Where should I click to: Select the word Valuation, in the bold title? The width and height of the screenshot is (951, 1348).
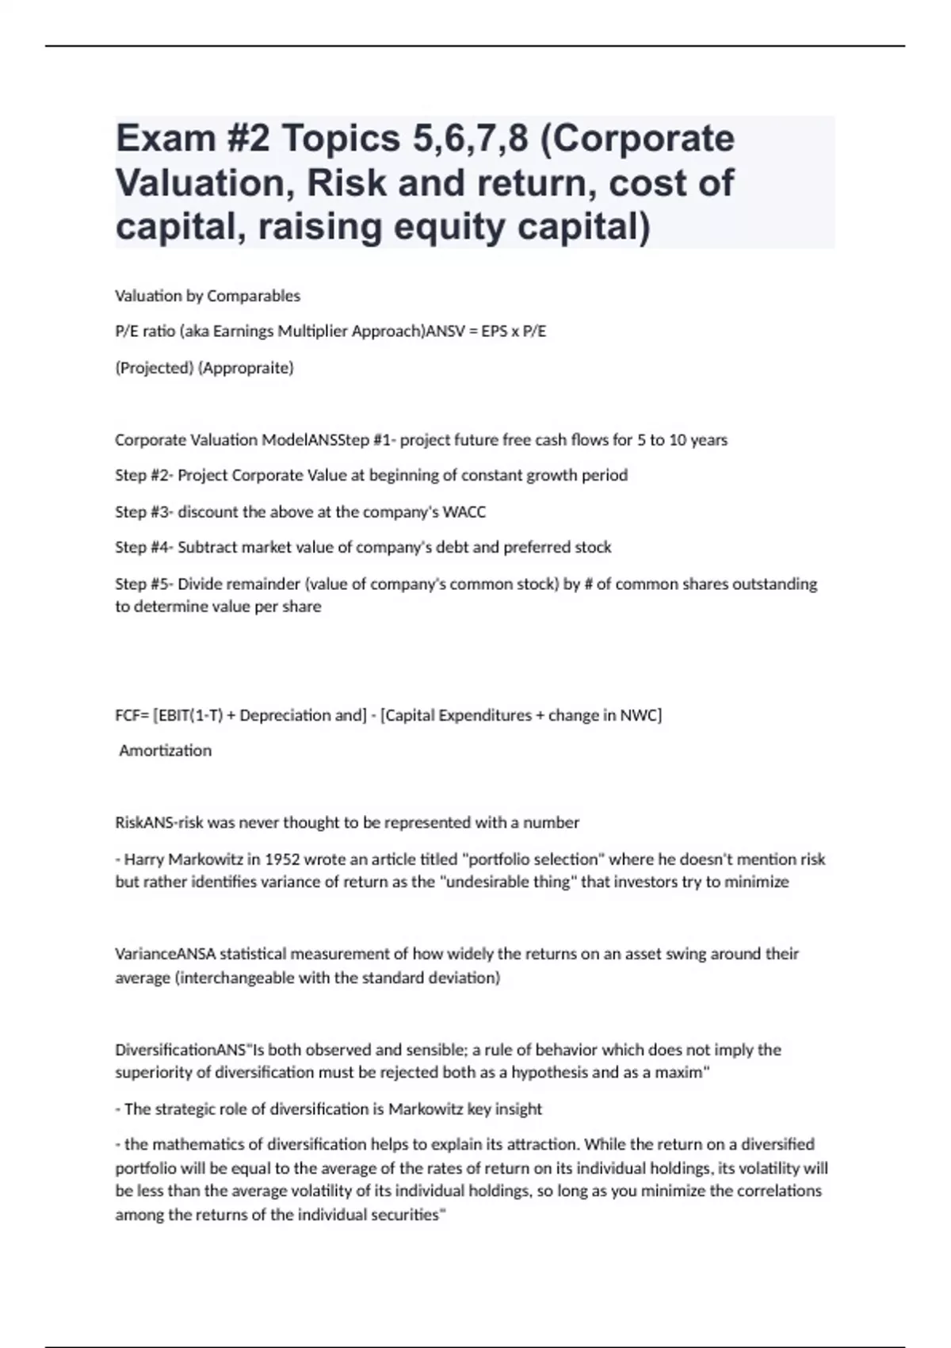(x=205, y=183)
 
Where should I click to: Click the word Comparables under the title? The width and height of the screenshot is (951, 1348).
(x=254, y=296)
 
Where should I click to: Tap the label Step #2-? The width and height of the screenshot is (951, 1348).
(x=144, y=476)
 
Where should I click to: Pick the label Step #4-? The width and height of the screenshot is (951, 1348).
(x=144, y=548)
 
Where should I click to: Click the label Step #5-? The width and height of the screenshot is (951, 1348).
(x=144, y=584)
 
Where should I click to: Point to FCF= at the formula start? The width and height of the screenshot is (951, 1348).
(x=132, y=715)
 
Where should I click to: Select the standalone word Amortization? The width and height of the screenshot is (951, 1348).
(x=165, y=751)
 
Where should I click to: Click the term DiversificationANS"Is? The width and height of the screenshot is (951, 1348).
(x=189, y=1050)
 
